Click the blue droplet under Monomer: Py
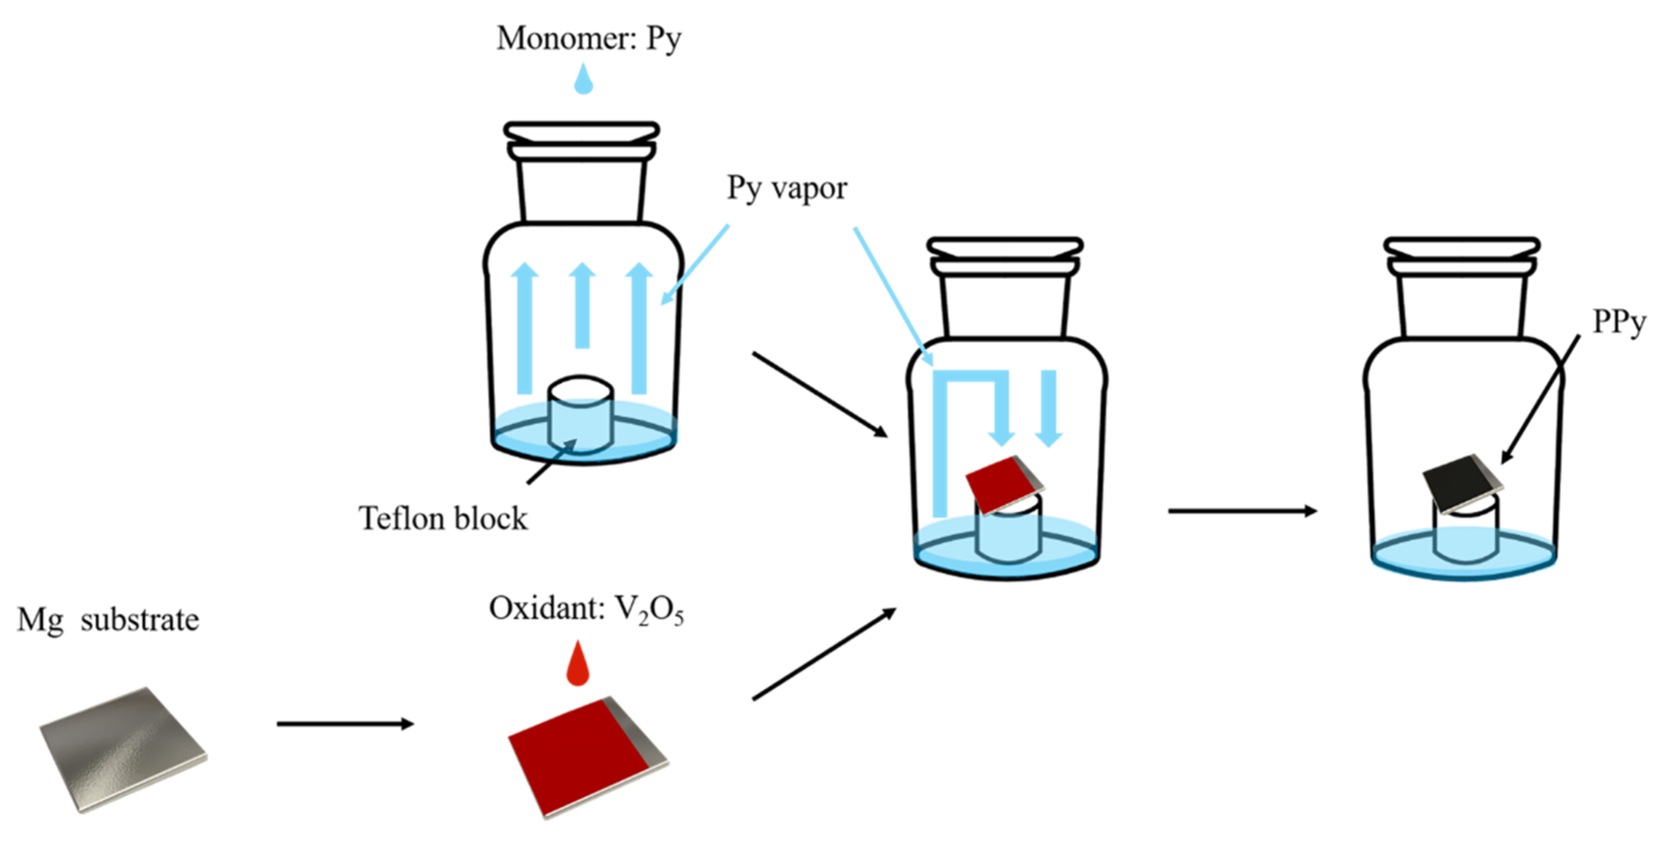point(584,81)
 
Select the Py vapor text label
point(786,189)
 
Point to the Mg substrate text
point(108,620)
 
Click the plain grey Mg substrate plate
point(123,750)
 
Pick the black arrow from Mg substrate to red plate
point(345,724)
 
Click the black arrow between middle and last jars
point(1242,511)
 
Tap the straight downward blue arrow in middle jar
point(1048,407)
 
